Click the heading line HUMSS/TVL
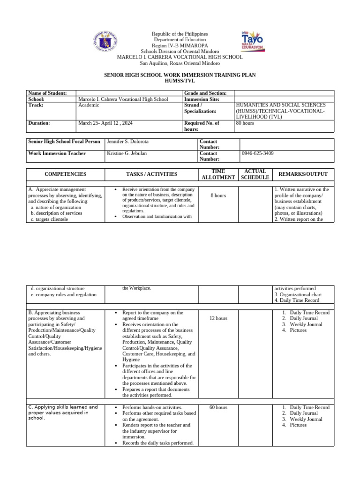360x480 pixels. click(x=180, y=81)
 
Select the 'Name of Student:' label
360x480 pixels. click(x=47, y=93)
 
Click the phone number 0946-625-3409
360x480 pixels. click(x=258, y=153)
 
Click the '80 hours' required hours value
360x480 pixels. click(x=245, y=123)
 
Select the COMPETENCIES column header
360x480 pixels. click(x=66, y=174)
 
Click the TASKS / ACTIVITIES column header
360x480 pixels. click(x=152, y=174)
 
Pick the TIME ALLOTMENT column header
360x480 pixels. click(x=218, y=174)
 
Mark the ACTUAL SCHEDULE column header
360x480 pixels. click(x=255, y=174)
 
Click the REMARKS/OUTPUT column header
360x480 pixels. click(x=303, y=174)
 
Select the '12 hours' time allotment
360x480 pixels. click(x=218, y=319)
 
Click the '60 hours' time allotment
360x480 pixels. click(x=218, y=408)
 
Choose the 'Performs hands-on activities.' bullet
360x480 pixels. click(x=152, y=408)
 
